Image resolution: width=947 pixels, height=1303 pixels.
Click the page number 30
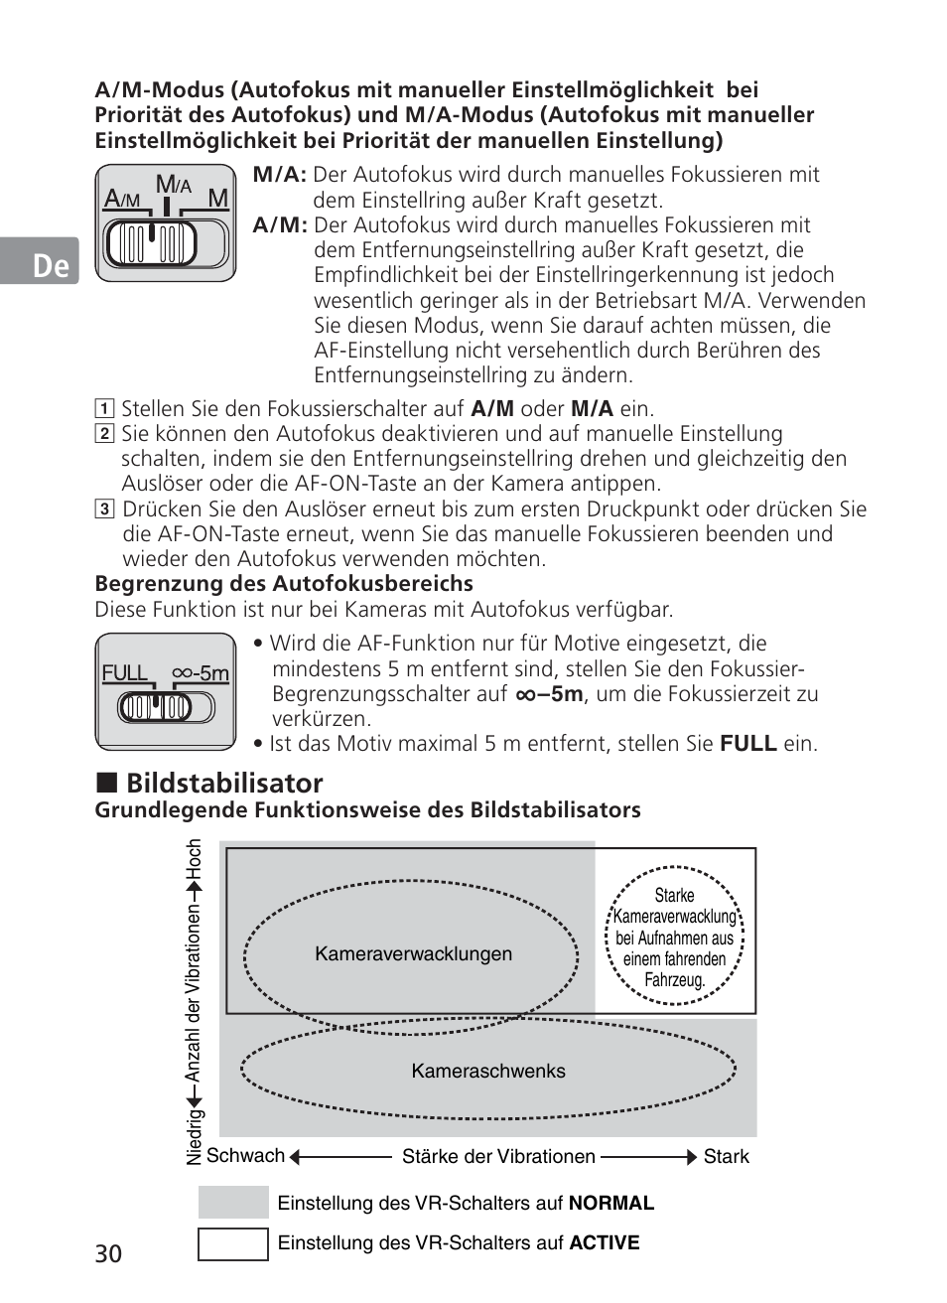[108, 1253]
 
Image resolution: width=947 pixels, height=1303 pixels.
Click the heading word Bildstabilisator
[224, 783]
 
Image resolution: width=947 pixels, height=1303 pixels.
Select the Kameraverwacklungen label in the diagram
[413, 954]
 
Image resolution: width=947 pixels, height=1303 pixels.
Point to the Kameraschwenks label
[488, 1072]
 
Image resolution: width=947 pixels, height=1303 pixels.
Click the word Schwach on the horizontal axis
[245, 1156]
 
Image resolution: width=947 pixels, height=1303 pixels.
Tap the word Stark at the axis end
[726, 1157]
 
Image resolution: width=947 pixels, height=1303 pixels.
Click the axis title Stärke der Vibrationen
[498, 1157]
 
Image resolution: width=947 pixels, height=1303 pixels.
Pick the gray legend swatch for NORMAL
[233, 1203]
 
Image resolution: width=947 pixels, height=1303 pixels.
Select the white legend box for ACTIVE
[233, 1244]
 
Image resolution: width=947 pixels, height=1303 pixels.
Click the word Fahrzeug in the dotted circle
[675, 980]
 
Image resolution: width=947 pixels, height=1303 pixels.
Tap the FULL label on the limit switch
[125, 673]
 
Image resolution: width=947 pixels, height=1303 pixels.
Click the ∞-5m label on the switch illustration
[201, 673]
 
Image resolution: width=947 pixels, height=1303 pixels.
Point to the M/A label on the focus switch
[173, 185]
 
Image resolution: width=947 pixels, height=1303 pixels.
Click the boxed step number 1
[103, 409]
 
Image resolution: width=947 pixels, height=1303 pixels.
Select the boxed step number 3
[103, 509]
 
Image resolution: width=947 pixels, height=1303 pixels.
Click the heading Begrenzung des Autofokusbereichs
[284, 584]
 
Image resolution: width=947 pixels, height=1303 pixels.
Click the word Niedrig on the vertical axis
[195, 1138]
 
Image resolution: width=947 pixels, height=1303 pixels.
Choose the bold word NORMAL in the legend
[610, 1204]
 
